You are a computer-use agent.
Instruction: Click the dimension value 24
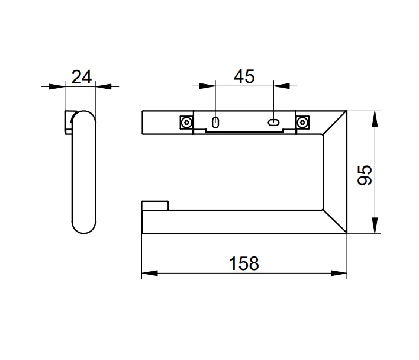[x=82, y=77]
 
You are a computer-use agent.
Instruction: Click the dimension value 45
[x=244, y=76]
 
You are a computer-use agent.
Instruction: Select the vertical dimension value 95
[x=365, y=175]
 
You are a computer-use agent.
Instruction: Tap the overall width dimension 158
[x=244, y=263]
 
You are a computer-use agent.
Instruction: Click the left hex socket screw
[x=186, y=123]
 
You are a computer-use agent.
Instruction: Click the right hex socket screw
[x=302, y=123]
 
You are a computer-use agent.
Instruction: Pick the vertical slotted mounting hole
[x=215, y=123]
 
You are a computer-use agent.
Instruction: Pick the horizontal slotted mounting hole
[x=273, y=123]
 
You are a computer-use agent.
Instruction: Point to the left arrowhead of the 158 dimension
[x=150, y=273]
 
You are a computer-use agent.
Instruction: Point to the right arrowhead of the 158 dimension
[x=339, y=273]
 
